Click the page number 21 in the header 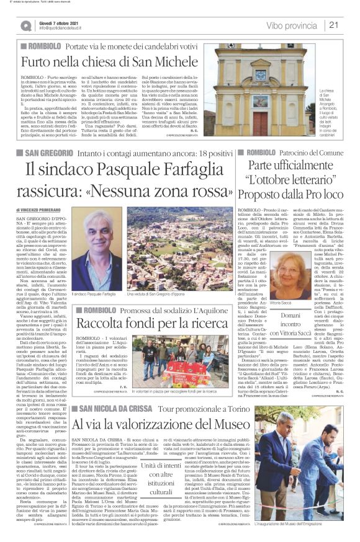[334, 25]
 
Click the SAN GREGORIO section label [51, 152]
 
